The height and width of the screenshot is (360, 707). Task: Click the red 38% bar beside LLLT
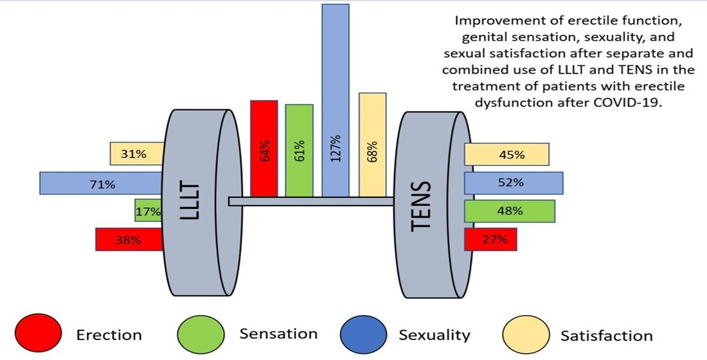coord(129,240)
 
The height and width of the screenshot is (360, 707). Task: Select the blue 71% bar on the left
coord(100,183)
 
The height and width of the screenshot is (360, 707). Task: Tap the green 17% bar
coord(148,210)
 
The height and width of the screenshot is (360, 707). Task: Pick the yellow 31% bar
coord(136,154)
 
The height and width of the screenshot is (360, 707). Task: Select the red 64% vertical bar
coord(264,148)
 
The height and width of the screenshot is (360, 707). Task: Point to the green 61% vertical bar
coord(299,150)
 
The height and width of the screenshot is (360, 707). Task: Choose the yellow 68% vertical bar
coord(373,144)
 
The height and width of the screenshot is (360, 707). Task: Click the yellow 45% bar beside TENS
coord(506,154)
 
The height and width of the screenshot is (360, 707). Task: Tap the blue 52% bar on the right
coord(514,183)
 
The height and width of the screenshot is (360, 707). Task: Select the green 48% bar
coord(509,211)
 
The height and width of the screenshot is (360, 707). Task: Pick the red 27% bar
coord(490,240)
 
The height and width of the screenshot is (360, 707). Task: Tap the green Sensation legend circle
coord(200,334)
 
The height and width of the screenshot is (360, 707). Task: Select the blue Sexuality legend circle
coord(362,334)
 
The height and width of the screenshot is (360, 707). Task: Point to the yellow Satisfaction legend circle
coord(525,334)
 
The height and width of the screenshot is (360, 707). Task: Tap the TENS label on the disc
coord(421,206)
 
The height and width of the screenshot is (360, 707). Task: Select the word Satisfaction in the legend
coord(606,335)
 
